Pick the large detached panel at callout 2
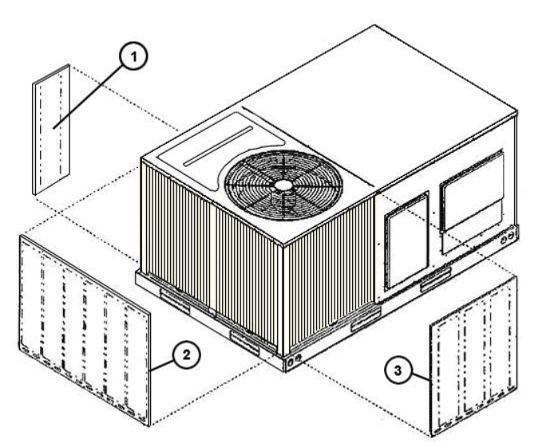pyautogui.click(x=84, y=320)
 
